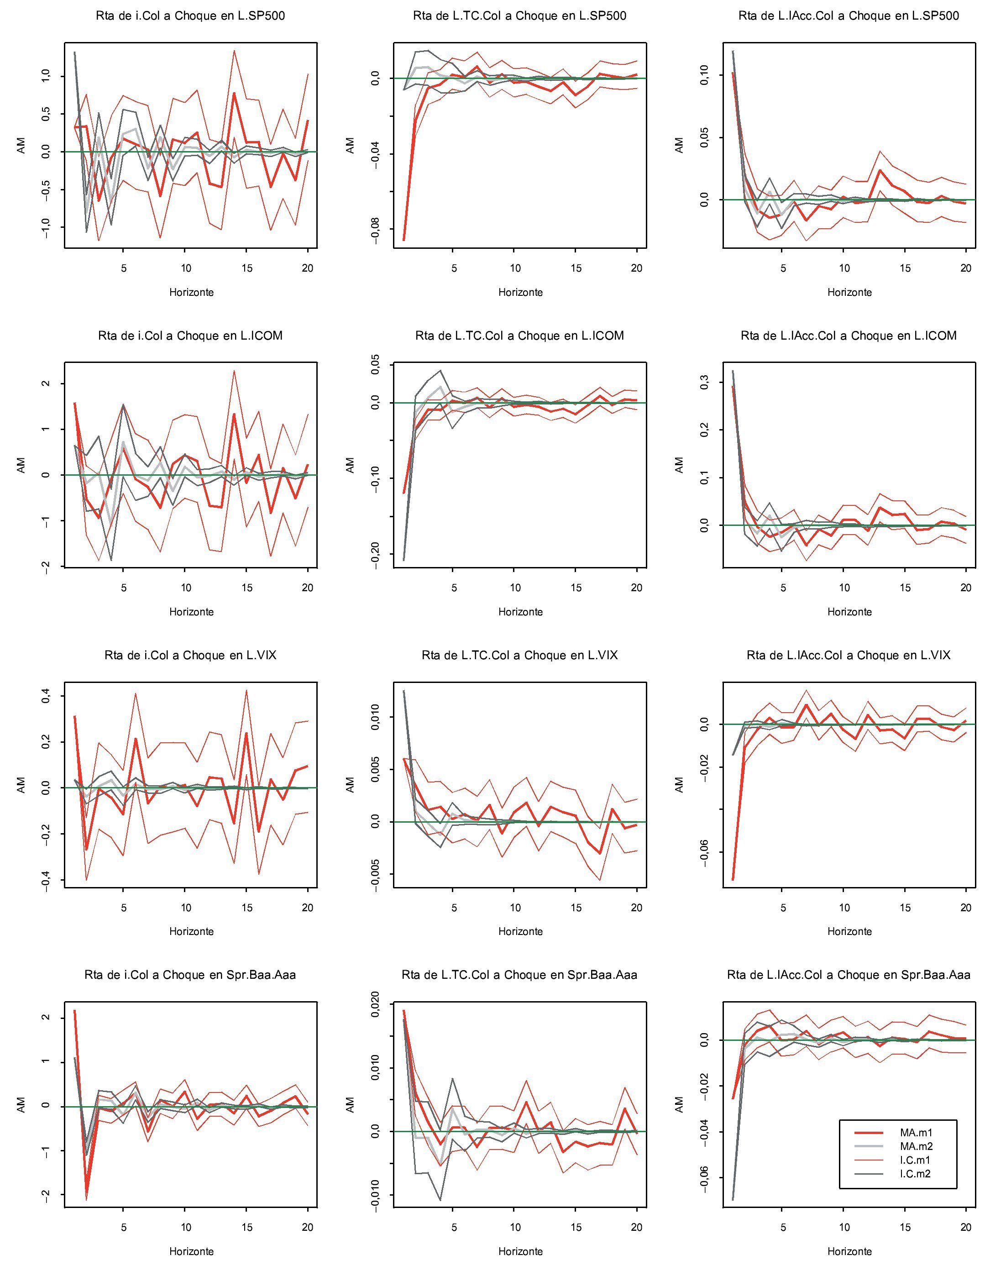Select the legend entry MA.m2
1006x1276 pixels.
pyautogui.click(x=916, y=1146)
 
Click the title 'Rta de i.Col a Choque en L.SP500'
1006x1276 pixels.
pyautogui.click(x=190, y=16)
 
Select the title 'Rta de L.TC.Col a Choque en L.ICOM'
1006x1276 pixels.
pyautogui.click(x=519, y=336)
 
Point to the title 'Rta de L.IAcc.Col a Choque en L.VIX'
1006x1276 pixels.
pyautogui.click(x=848, y=655)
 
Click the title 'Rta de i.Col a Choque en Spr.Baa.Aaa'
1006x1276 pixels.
pyautogui.click(x=190, y=975)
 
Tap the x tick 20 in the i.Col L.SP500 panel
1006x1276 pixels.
pyautogui.click(x=308, y=268)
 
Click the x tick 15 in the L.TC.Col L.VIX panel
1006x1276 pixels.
pyautogui.click(x=576, y=908)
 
